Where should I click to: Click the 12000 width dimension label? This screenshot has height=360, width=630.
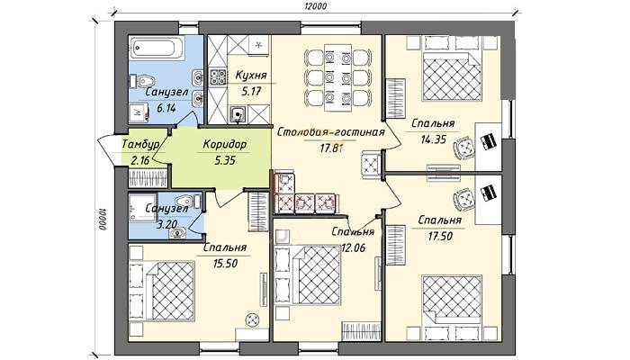pos(315,6)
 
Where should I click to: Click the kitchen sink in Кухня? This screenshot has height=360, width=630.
pos(238,114)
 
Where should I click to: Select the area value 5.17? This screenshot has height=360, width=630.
pos(247,91)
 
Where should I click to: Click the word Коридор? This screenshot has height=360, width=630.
pos(224,143)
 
